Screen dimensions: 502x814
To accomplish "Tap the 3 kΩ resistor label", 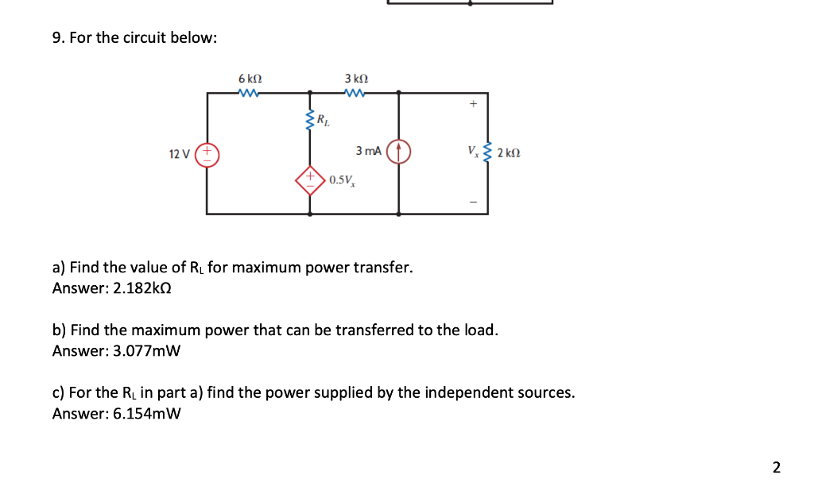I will (x=356, y=79).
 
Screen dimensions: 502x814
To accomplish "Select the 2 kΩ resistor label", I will (x=509, y=153).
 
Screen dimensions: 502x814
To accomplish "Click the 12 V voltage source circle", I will (x=208, y=153).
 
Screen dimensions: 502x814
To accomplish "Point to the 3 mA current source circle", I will (x=398, y=152).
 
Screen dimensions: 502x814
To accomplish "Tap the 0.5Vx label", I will (x=342, y=180).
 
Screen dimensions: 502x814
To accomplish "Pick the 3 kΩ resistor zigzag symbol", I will (x=356, y=93).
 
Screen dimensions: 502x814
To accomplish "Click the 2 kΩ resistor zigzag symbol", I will (x=487, y=152).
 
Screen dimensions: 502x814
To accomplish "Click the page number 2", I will (x=776, y=466).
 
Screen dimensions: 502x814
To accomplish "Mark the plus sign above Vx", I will (x=474, y=103).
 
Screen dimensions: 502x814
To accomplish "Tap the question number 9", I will (x=58, y=38).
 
